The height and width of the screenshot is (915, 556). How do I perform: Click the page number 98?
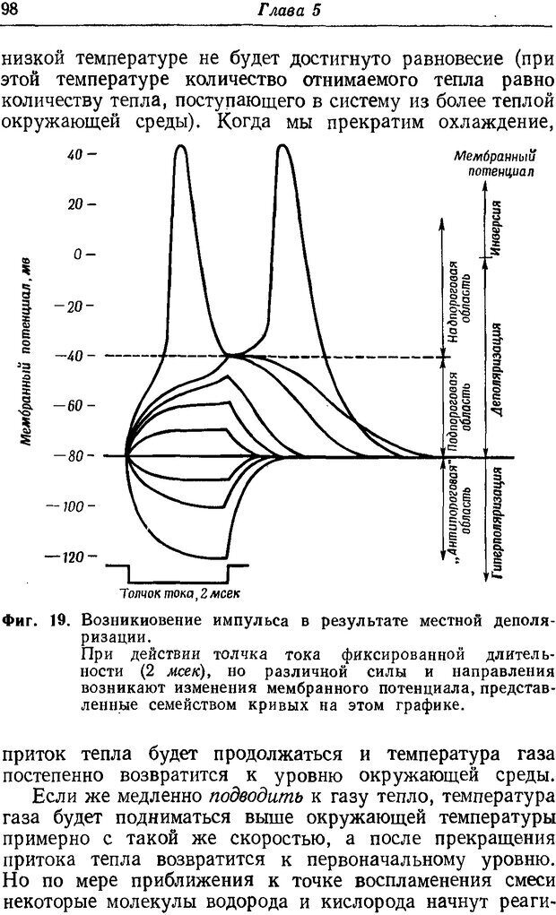[14, 10]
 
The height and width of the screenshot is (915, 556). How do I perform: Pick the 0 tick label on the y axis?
[83, 255]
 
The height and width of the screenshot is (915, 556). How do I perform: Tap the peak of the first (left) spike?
[181, 147]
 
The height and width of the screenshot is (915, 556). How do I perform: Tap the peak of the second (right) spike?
[284, 147]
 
